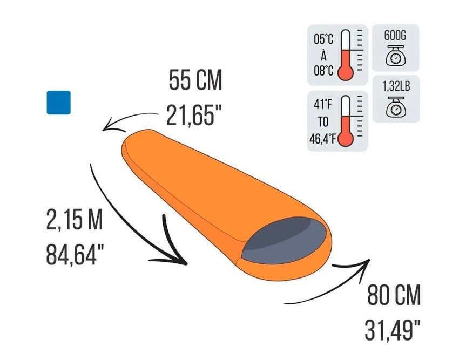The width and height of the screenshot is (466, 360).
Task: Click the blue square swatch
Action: coord(58,103)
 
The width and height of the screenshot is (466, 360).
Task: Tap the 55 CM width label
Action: coord(195,80)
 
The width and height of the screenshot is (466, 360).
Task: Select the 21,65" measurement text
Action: coord(194,116)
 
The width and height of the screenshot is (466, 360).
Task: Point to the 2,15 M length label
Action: coord(75,220)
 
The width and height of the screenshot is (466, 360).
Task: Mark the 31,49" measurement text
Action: coord(393,330)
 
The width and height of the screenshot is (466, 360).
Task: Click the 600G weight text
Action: coord(395,35)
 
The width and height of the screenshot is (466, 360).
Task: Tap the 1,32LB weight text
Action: coord(396,86)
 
